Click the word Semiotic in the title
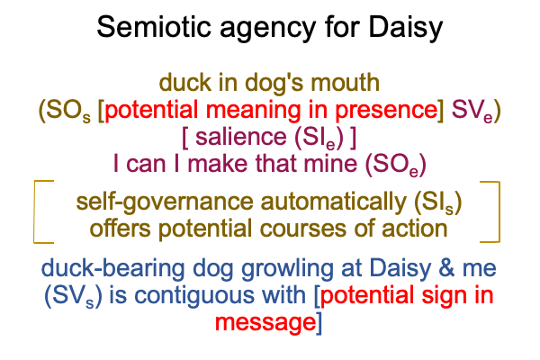click(154, 26)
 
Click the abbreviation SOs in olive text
click(68, 111)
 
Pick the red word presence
click(386, 111)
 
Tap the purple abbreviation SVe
click(472, 111)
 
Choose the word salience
click(240, 137)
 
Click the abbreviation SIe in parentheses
click(319, 138)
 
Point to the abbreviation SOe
click(395, 165)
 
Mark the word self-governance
click(165, 202)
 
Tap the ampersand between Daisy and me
click(446, 268)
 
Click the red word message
click(265, 323)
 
